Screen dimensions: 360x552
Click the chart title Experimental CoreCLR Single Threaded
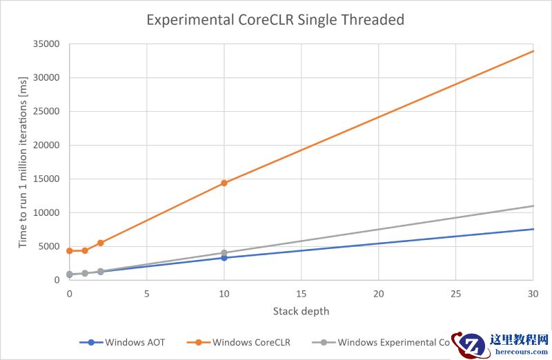point(275,20)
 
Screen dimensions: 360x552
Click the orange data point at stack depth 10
point(224,183)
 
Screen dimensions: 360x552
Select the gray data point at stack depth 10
point(224,252)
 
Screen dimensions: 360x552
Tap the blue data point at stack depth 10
point(224,258)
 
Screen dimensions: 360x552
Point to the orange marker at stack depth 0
point(70,250)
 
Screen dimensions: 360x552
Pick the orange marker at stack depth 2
point(101,243)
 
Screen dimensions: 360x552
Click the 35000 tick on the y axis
point(48,44)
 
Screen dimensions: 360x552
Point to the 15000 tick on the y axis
point(48,179)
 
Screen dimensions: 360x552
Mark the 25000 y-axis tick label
point(48,112)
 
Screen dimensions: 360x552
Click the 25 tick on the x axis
point(455,294)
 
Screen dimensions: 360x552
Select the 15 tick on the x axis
point(301,294)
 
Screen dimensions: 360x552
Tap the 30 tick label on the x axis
point(533,294)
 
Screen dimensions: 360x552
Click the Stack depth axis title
point(301,311)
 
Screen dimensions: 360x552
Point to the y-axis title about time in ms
point(23,162)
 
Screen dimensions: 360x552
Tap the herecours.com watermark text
point(519,350)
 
